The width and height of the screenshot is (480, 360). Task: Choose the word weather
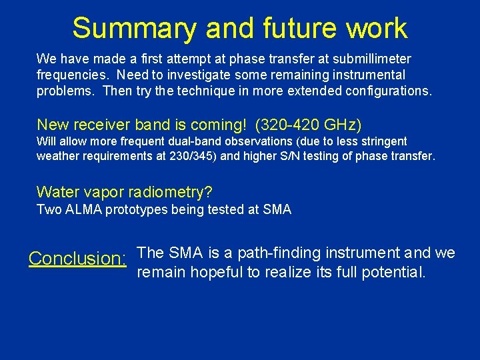coord(57,157)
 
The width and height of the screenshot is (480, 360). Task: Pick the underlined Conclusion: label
coord(78,259)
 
